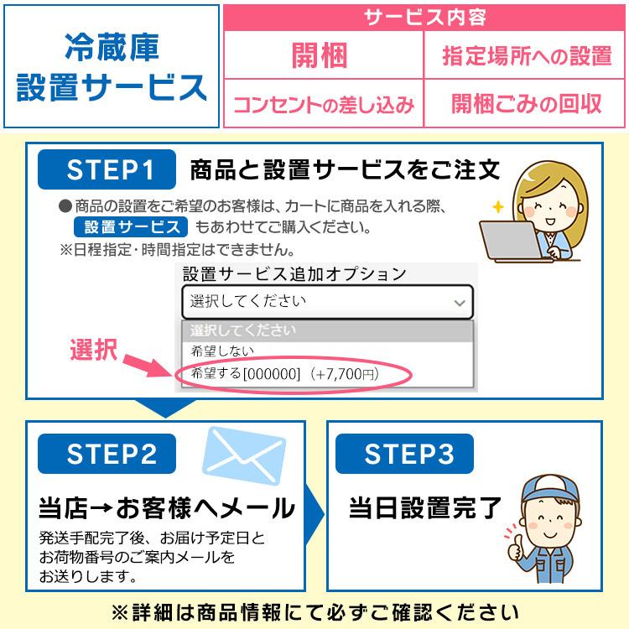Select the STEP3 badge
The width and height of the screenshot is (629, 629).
(407, 455)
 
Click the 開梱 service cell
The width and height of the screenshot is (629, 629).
(320, 56)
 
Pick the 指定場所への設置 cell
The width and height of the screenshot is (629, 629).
(527, 56)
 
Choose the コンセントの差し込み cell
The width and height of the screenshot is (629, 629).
(323, 105)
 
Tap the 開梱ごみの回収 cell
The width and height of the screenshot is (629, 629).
(527, 104)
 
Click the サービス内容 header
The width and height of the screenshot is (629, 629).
(424, 18)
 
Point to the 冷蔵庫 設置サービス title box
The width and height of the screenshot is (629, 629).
(112, 67)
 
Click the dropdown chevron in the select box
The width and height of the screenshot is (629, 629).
(459, 302)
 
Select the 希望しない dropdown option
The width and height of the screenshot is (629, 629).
(221, 351)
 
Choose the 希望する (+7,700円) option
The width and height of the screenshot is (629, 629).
(285, 374)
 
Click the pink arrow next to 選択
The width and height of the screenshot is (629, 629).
(148, 363)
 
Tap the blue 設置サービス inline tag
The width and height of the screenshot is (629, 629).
(130, 227)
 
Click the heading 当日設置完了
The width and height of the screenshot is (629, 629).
(425, 507)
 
